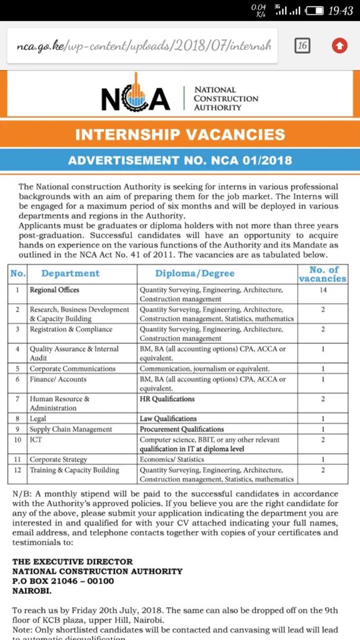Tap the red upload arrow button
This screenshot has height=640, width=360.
pos(339,46)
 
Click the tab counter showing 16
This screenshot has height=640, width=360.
pos(302,46)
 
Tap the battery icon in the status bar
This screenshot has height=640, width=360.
pos(316,12)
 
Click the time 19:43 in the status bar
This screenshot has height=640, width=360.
pos(341,12)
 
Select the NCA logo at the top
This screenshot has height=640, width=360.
pos(136,99)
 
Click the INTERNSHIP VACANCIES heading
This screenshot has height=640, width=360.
pos(180,134)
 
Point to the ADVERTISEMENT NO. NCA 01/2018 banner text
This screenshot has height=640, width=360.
pos(180,160)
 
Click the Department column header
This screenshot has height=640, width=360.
pos(71,273)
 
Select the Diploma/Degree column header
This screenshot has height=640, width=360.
pos(195,273)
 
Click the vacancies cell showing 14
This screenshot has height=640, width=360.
pos(322,291)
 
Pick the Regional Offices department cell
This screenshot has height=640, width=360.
pos(54,291)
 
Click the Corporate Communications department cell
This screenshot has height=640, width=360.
pos(72,369)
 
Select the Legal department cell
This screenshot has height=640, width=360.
pos(38,419)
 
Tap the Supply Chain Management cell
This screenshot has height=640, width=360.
pos(71,429)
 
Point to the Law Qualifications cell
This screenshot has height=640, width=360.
pos(168,419)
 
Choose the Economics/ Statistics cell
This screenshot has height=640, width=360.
pos(172,459)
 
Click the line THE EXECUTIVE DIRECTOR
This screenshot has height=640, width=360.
pos(72,562)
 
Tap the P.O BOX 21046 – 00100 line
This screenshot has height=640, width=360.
pos(63,581)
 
